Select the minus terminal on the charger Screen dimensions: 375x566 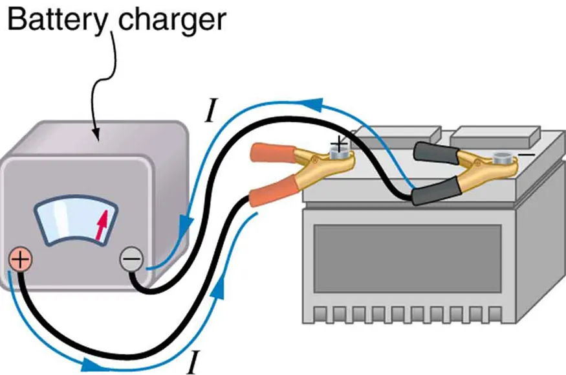[131, 260]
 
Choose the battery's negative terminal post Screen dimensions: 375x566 [502, 158]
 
